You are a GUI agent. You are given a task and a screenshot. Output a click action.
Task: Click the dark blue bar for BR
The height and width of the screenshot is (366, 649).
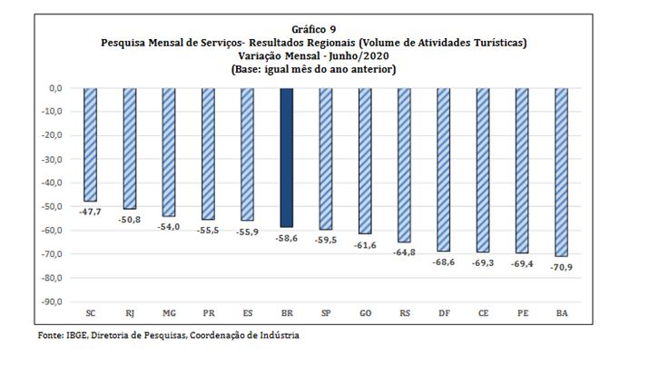287,157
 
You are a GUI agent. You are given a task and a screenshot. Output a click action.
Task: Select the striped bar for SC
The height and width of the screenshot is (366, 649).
91,144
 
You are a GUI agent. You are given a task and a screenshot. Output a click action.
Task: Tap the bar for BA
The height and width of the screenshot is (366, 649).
561,172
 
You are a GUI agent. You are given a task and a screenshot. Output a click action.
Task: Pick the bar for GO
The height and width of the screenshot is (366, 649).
365,161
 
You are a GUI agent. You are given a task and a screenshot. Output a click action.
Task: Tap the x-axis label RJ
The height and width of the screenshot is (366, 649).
130,312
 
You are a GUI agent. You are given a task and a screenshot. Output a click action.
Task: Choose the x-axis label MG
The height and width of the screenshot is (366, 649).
169,312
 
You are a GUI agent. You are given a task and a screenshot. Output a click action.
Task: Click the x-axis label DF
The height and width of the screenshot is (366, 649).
444,312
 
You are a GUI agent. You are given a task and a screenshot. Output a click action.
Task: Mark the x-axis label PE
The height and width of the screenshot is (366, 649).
522,312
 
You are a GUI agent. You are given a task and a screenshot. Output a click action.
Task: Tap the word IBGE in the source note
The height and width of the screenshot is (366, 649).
76,335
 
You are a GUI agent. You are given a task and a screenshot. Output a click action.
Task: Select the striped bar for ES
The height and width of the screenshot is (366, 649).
248,153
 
